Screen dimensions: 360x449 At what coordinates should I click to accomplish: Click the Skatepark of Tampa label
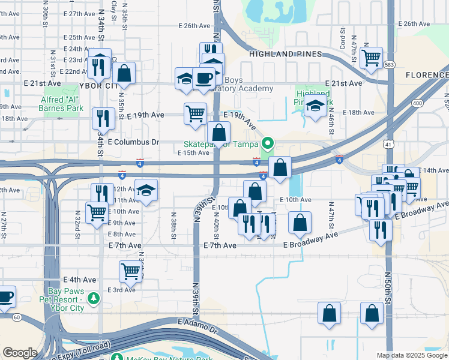click(x=221, y=144)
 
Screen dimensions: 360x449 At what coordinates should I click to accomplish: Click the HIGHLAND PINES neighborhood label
click(x=283, y=55)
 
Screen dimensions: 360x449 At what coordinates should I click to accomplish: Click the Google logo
click(x=20, y=353)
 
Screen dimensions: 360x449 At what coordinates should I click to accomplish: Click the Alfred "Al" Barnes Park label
click(x=64, y=104)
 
